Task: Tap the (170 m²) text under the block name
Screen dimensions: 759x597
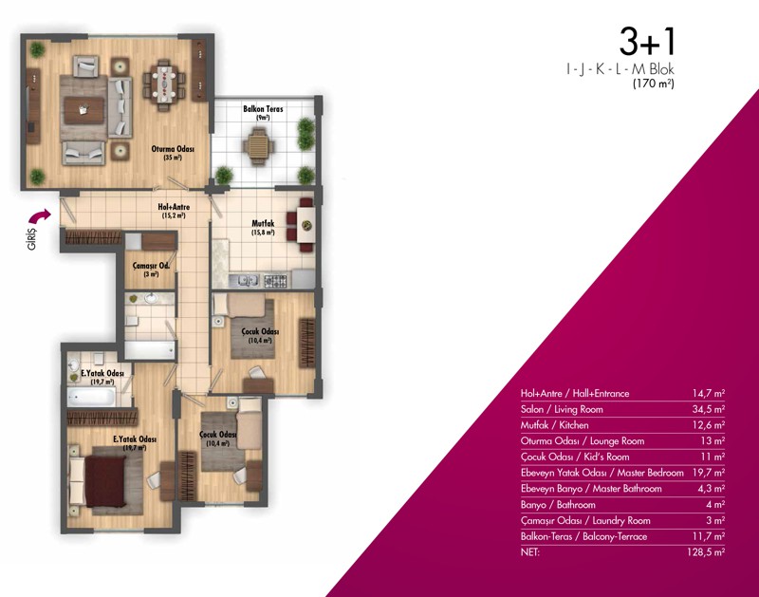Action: tap(654, 84)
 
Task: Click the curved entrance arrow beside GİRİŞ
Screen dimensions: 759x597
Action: tap(40, 215)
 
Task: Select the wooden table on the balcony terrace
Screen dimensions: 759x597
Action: tap(257, 145)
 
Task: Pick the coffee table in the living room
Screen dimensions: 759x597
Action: tap(84, 110)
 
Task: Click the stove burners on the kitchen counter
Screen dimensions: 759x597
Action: tap(275, 280)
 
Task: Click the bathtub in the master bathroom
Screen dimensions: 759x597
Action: tap(91, 398)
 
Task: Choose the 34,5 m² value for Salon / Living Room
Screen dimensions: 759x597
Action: tap(708, 409)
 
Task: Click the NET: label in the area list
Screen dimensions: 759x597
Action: tap(530, 552)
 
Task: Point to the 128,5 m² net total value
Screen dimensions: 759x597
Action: tap(706, 552)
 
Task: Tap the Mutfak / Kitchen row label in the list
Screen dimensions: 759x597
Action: tap(555, 425)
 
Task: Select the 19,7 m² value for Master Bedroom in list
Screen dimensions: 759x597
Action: tap(708, 473)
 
